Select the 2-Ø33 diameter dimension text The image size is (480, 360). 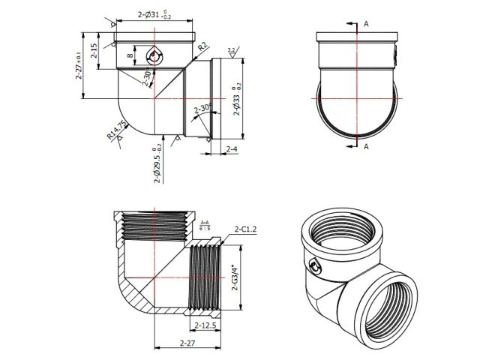(x=237, y=97)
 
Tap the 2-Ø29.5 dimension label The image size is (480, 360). (x=156, y=164)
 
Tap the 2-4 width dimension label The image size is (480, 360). (x=232, y=150)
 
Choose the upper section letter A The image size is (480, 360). (x=366, y=24)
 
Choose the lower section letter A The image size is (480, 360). (x=366, y=147)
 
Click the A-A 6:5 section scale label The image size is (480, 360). (x=205, y=225)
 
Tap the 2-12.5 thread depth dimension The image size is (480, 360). (x=205, y=326)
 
